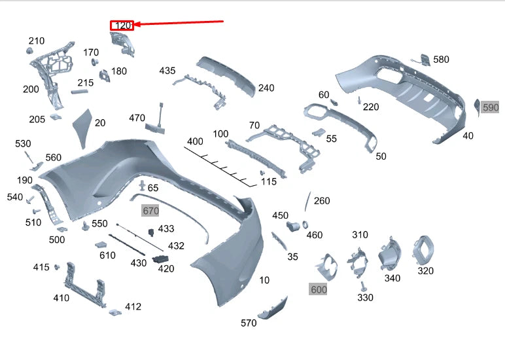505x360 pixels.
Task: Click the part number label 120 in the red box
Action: tap(122, 26)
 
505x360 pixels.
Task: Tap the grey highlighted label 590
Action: tap(490, 107)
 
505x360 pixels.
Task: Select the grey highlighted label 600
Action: tap(319, 289)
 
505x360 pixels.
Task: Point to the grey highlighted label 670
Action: tap(150, 211)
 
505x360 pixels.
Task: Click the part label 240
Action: tap(266, 88)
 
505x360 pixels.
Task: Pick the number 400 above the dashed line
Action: tap(195, 141)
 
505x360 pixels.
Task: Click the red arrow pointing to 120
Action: tap(180, 23)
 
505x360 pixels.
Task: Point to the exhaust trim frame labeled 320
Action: tap(423, 249)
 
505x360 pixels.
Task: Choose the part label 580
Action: tap(441, 60)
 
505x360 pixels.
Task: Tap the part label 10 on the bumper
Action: tap(264, 280)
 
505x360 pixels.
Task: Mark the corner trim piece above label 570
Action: tap(272, 308)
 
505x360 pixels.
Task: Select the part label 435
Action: tap(167, 70)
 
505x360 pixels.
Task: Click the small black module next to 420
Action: tap(160, 259)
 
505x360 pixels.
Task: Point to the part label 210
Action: tap(37, 41)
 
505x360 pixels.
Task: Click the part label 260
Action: tap(322, 201)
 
